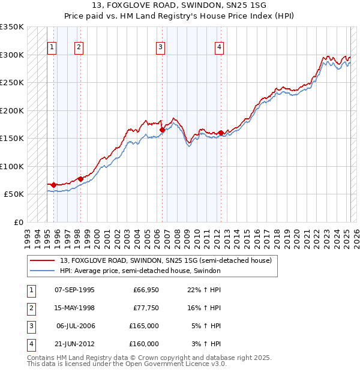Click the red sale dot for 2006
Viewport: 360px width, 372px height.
pyautogui.click(x=162, y=130)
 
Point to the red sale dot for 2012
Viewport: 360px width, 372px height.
pyautogui.click(x=221, y=133)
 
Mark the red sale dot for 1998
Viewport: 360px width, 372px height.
pyautogui.click(x=80, y=179)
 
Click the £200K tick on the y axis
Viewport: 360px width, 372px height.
pyautogui.click(x=12, y=110)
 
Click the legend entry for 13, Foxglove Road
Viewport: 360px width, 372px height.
pyautogui.click(x=166, y=260)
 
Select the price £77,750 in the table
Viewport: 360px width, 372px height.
pyautogui.click(x=146, y=308)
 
